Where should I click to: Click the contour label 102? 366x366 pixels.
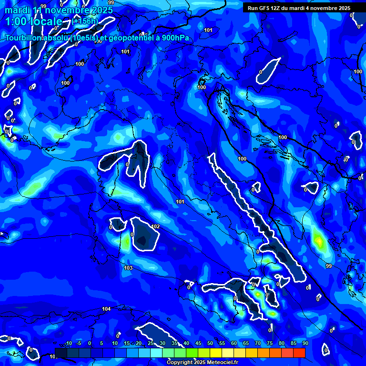click(x=155, y=226)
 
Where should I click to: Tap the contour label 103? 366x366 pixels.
click(x=128, y=268)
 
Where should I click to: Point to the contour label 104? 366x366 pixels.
click(x=106, y=309)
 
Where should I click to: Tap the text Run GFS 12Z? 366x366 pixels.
click(x=263, y=8)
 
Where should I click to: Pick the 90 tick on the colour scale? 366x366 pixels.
click(x=305, y=344)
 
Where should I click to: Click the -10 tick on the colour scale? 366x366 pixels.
click(x=68, y=344)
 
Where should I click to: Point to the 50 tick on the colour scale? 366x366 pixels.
click(x=210, y=344)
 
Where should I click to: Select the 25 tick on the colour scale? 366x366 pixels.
click(x=151, y=344)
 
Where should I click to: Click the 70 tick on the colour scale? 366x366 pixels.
click(x=258, y=344)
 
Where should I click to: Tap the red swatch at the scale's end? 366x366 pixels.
click(x=299, y=353)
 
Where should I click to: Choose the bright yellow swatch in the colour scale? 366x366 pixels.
click(x=216, y=353)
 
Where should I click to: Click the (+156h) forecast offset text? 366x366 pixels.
click(x=85, y=21)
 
